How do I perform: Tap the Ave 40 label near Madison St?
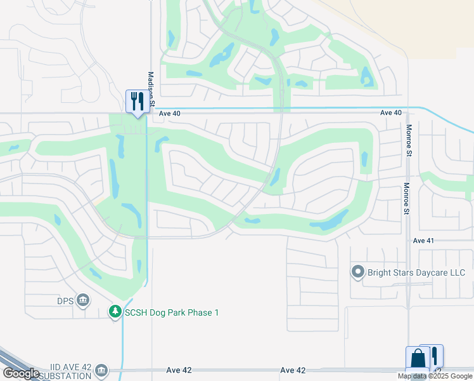point(170,114)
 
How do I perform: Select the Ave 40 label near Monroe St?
point(391,112)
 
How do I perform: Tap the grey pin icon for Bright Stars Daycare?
point(358,273)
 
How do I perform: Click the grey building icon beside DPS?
point(83,300)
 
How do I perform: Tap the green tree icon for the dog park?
point(115,312)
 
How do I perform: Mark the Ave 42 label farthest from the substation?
point(293,370)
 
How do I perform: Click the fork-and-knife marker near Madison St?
point(137,101)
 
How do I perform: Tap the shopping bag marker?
point(418,359)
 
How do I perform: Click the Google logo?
point(21,373)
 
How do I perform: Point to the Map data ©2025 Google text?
point(435,376)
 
